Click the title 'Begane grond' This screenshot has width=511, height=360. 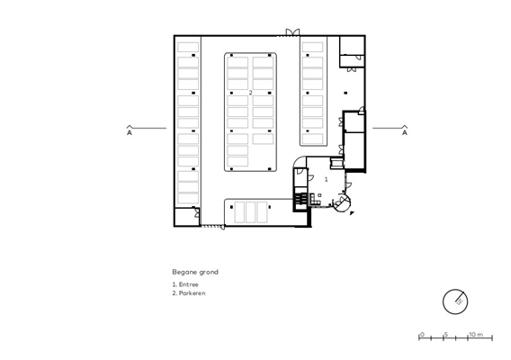click(x=195, y=272)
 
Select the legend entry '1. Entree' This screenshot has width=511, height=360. click(x=185, y=284)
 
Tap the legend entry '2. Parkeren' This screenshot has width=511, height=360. click(x=189, y=292)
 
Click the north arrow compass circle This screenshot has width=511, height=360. click(x=455, y=301)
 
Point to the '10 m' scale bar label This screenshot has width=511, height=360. click(x=476, y=334)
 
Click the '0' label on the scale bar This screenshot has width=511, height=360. click(x=422, y=334)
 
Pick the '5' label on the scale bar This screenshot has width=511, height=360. click(x=446, y=334)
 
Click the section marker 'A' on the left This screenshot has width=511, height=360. click(x=130, y=132)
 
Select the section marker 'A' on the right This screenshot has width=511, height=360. click(x=405, y=132)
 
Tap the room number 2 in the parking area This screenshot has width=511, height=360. click(x=250, y=93)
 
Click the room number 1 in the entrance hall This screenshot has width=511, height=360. click(x=326, y=179)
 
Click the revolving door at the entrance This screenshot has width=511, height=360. click(x=342, y=202)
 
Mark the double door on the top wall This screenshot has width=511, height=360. click(x=292, y=32)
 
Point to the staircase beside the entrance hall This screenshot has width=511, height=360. click(x=301, y=198)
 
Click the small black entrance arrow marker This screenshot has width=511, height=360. click(x=352, y=213)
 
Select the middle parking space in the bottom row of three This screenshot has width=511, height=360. click(x=250, y=212)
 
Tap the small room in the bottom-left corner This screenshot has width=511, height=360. click(x=186, y=217)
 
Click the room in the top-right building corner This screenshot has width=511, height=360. click(x=352, y=45)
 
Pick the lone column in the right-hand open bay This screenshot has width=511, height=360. click(x=345, y=93)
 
